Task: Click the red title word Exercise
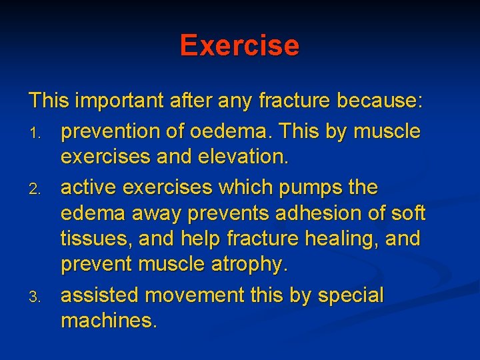239,45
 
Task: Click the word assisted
100,295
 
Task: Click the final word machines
109,321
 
